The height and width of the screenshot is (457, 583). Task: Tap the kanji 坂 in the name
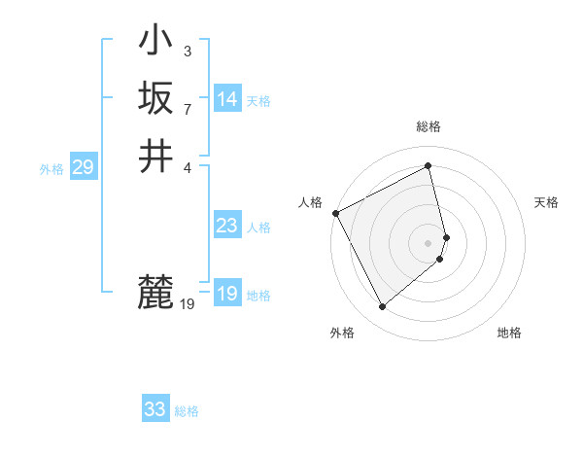click(155, 98)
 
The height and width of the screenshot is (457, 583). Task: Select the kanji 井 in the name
click(155, 156)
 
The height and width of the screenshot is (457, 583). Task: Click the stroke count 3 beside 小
click(187, 51)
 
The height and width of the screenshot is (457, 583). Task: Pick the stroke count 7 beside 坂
click(187, 108)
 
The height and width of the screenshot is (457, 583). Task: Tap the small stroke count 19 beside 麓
click(188, 304)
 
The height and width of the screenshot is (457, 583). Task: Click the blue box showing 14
click(227, 99)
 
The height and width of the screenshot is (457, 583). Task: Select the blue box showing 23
click(227, 226)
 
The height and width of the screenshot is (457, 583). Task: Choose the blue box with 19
click(227, 294)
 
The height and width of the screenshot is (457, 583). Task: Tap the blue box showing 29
click(83, 167)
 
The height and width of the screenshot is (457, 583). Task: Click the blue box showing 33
click(155, 409)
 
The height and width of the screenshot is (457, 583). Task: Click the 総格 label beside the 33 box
click(187, 411)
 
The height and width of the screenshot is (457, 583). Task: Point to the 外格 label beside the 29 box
click(51, 169)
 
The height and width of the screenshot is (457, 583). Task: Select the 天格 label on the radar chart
click(546, 202)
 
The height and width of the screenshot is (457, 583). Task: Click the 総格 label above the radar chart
click(429, 126)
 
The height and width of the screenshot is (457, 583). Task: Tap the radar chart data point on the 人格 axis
click(335, 213)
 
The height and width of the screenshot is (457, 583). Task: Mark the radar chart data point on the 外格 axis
click(382, 307)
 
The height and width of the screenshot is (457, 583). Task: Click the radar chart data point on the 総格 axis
click(429, 166)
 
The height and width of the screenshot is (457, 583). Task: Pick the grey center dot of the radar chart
click(429, 242)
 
